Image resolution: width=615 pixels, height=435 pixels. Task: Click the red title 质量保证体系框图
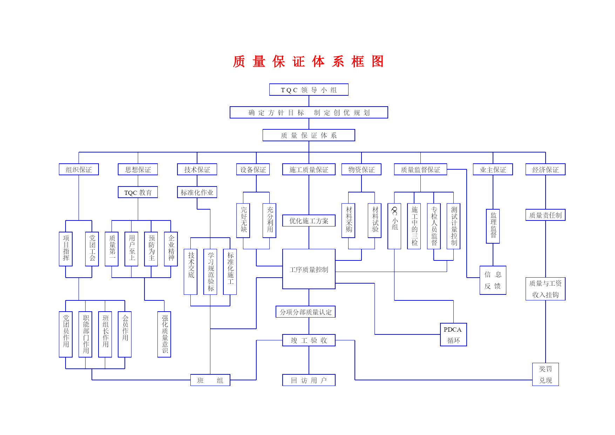[x=309, y=62]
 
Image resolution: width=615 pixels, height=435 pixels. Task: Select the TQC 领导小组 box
[x=309, y=90]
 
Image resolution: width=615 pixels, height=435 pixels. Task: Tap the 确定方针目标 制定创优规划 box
[x=309, y=113]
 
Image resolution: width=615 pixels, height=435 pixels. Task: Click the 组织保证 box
[x=79, y=170]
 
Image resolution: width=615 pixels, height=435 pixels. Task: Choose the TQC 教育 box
[x=138, y=192]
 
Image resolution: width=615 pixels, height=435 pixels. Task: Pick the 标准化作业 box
[x=197, y=192]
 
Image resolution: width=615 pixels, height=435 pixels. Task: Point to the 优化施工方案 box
[x=309, y=221]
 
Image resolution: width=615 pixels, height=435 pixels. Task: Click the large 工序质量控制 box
[x=309, y=269]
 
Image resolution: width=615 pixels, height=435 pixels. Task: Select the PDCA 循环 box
[x=453, y=335]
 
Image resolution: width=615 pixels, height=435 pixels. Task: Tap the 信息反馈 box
[x=493, y=280]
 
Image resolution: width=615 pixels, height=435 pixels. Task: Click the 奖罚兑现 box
[x=546, y=374]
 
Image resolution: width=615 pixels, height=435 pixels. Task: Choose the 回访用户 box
[x=309, y=380]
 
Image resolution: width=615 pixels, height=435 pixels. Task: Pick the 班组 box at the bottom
[x=210, y=380]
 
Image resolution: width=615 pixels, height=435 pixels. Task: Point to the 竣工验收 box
[x=309, y=340]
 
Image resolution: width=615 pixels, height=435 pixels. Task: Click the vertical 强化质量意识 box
[x=164, y=334]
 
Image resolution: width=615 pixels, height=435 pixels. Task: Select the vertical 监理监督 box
[x=493, y=226]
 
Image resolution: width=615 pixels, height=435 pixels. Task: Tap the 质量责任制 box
[x=546, y=215]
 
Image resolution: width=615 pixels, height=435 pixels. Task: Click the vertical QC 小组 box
[x=394, y=226]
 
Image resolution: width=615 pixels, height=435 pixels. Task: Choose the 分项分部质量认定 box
[x=306, y=312]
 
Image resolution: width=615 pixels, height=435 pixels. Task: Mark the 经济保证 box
[x=546, y=170]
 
